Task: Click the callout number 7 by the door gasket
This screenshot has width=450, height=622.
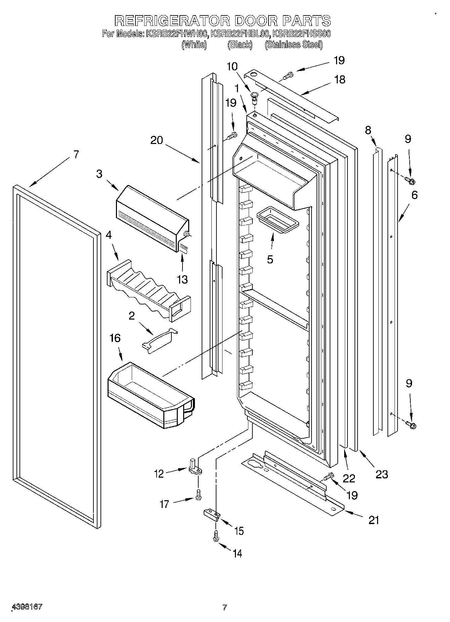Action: pyautogui.click(x=76, y=154)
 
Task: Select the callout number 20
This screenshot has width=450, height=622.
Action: pyautogui.click(x=156, y=140)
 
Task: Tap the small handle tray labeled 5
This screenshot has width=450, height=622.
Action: pyautogui.click(x=277, y=222)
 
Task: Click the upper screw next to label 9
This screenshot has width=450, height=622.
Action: pyautogui.click(x=410, y=181)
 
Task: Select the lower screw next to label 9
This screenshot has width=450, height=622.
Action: pyautogui.click(x=410, y=425)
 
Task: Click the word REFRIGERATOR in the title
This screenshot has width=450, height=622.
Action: pyautogui.click(x=172, y=21)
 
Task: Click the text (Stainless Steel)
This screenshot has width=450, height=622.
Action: pyautogui.click(x=293, y=44)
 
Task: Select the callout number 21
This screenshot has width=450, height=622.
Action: pyautogui.click(x=373, y=520)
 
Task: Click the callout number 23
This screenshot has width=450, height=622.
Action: pyautogui.click(x=381, y=474)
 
